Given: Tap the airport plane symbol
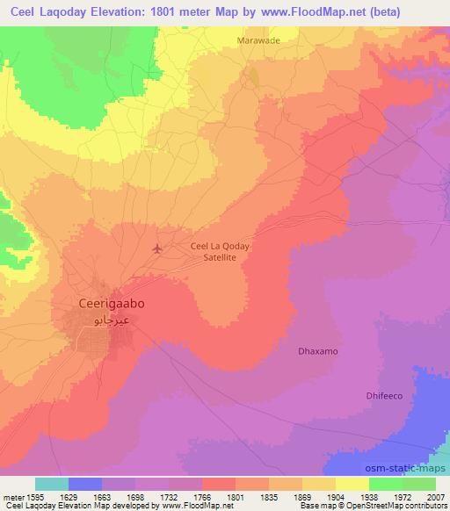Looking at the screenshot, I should (x=157, y=248).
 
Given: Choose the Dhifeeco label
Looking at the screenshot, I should (x=383, y=396).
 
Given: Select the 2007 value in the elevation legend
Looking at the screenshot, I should (x=436, y=496).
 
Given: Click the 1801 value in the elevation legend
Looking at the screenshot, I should (x=236, y=496).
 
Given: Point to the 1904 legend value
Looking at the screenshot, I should (x=336, y=496).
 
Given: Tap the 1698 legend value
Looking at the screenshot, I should (x=135, y=496).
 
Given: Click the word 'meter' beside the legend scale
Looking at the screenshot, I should (x=13, y=496).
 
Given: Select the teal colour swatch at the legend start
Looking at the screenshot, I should (x=52, y=484).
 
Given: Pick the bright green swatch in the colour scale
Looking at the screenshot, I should (x=386, y=484).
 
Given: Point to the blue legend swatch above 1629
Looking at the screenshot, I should (x=85, y=484).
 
